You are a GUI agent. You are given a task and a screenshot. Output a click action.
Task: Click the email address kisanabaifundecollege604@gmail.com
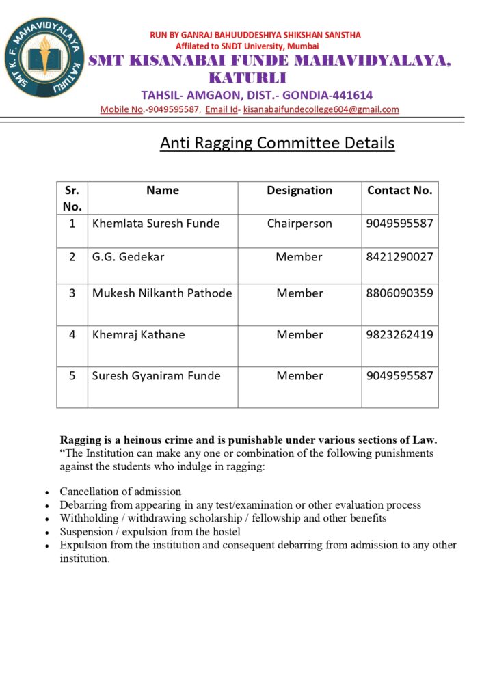point(321,109)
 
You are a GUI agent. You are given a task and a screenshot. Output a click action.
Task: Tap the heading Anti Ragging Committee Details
point(277,143)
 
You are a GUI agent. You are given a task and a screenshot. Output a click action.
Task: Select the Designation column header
point(299,191)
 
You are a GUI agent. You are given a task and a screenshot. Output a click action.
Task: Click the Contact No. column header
point(400,191)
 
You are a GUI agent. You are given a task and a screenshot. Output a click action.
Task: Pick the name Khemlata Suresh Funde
point(156,224)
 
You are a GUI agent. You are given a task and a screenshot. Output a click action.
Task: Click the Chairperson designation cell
point(299,224)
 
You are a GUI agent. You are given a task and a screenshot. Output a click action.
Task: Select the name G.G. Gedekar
point(129,257)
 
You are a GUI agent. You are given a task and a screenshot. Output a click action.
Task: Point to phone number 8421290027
point(400,257)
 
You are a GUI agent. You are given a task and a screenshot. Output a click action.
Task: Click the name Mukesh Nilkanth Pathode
point(162,293)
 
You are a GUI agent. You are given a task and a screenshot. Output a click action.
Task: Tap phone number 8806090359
point(400,293)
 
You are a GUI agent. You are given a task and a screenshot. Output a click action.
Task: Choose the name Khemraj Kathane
point(139,335)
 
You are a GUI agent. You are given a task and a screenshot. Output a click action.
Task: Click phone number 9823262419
point(400,335)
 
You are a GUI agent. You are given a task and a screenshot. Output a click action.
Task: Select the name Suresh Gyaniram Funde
point(157,376)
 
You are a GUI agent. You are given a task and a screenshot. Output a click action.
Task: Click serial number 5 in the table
point(72,376)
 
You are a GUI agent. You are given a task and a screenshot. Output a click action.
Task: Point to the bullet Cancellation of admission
point(120,492)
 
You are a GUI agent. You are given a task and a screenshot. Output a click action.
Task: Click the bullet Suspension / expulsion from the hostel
point(150,531)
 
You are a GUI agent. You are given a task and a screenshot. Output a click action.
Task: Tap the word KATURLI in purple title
point(247,77)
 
